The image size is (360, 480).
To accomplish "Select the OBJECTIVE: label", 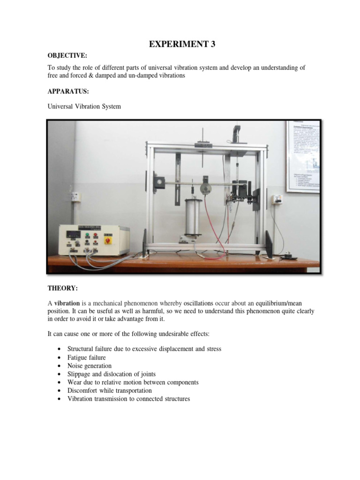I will click(67, 56).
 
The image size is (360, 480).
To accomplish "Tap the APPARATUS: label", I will click(68, 91).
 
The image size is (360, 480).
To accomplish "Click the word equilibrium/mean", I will click(281, 303).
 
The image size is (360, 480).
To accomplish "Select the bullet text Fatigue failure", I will click(87, 357).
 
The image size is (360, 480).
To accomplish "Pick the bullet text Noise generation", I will click(90, 366).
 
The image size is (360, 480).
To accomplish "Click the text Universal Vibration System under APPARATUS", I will click(84, 106).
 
